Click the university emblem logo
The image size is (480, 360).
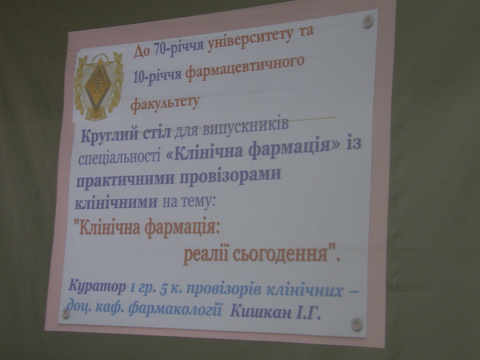click(x=99, y=86)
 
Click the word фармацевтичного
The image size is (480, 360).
click(x=245, y=69)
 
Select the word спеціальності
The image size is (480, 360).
click(x=120, y=157)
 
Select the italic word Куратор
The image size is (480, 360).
click(x=97, y=287)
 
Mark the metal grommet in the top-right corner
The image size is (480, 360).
click(x=367, y=22)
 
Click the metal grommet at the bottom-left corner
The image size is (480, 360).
click(x=65, y=313)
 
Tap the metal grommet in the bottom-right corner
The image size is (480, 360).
click(x=356, y=324)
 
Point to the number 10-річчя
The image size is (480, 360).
click(x=157, y=77)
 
